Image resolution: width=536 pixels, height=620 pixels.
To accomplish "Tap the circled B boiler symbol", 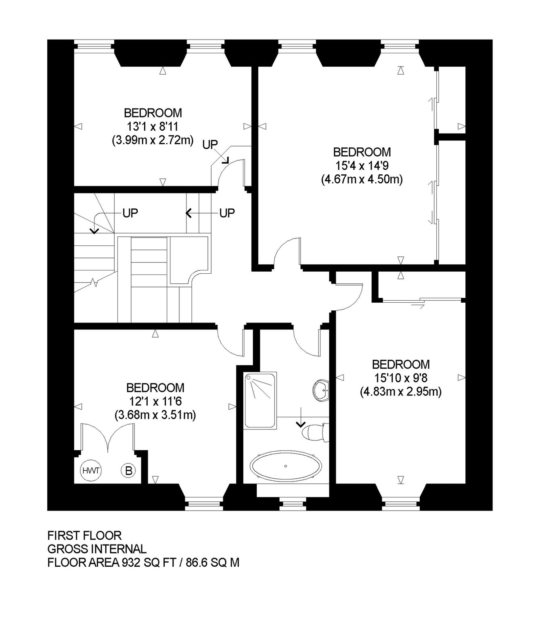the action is click(x=128, y=471).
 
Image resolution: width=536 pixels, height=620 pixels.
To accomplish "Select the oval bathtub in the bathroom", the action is click(x=286, y=466).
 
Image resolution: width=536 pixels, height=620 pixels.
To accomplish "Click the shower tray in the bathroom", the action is click(x=260, y=400).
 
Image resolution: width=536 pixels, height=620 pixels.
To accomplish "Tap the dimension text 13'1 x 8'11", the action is click(x=153, y=127).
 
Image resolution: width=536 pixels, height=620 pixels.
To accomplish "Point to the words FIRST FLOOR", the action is click(x=84, y=535).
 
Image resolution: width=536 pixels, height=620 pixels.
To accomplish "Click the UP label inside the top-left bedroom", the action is click(x=209, y=145).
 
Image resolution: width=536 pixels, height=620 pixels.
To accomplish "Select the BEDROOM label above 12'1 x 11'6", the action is click(x=155, y=388).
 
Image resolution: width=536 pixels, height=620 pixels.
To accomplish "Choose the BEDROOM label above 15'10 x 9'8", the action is click(x=401, y=364).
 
